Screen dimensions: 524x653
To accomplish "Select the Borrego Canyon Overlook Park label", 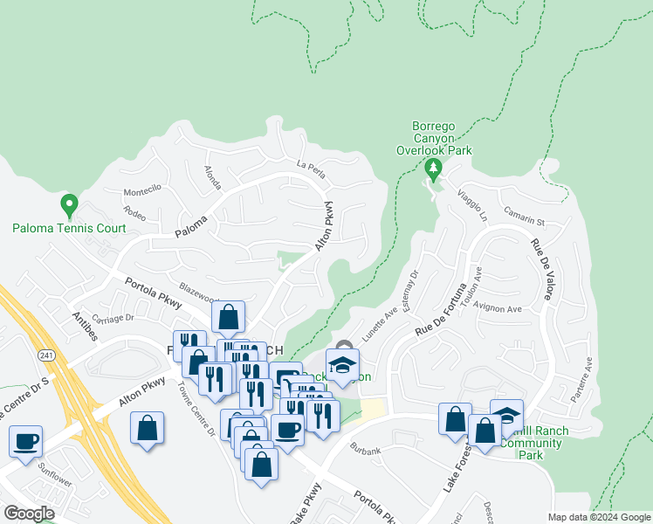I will (x=442, y=138).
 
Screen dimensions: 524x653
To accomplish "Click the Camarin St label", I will (x=524, y=215).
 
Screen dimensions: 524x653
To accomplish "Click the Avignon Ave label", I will (x=498, y=309).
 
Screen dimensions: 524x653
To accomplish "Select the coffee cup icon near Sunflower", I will (x=26, y=440).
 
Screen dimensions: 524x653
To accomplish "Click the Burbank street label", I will (x=365, y=451).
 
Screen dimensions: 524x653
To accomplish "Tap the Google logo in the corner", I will (x=30, y=514).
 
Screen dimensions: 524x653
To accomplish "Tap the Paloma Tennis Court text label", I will (x=69, y=229).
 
